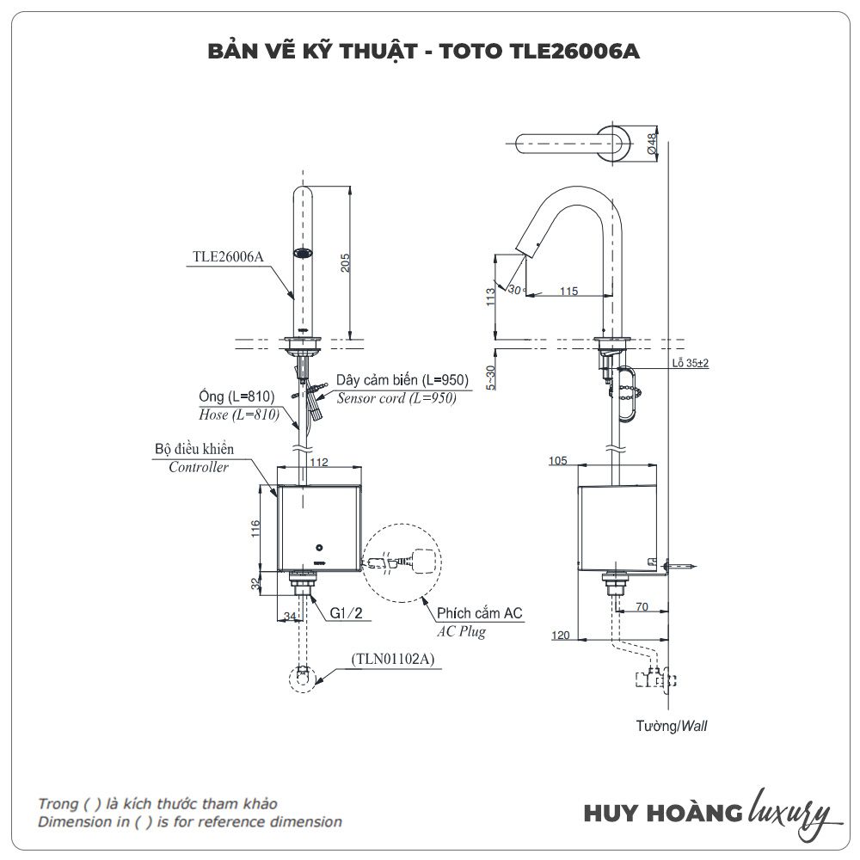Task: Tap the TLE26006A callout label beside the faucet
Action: click(228, 255)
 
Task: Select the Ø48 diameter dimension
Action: click(652, 144)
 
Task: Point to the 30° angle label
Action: click(515, 290)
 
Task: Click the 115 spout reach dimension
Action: click(568, 292)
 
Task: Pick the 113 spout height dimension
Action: click(490, 297)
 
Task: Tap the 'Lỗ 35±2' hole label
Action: click(691, 364)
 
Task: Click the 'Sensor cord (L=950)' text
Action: click(396, 398)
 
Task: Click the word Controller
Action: click(199, 468)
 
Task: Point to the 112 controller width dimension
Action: click(319, 462)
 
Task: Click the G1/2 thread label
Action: click(345, 614)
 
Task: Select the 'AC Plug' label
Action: click(461, 631)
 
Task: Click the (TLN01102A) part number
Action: click(393, 660)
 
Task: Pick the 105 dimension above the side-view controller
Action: click(558, 462)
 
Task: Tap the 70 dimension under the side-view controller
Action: click(641, 606)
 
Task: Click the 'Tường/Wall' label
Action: click(672, 726)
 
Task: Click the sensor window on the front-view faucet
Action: click(303, 254)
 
